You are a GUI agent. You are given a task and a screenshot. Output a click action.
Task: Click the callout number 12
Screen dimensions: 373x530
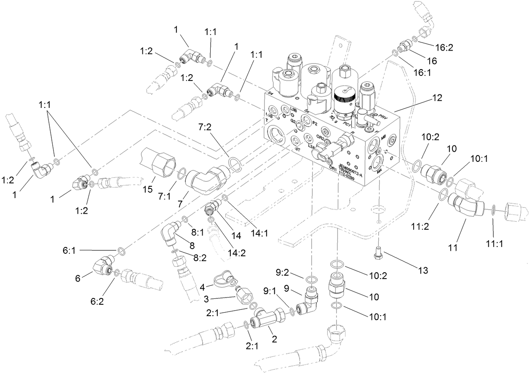(437, 98)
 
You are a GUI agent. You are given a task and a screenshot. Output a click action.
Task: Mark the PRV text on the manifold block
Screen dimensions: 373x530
(383, 115)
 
